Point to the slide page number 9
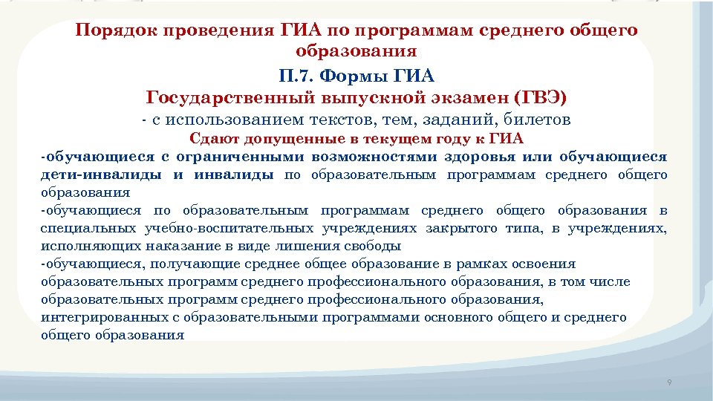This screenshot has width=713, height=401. (x=669, y=382)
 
